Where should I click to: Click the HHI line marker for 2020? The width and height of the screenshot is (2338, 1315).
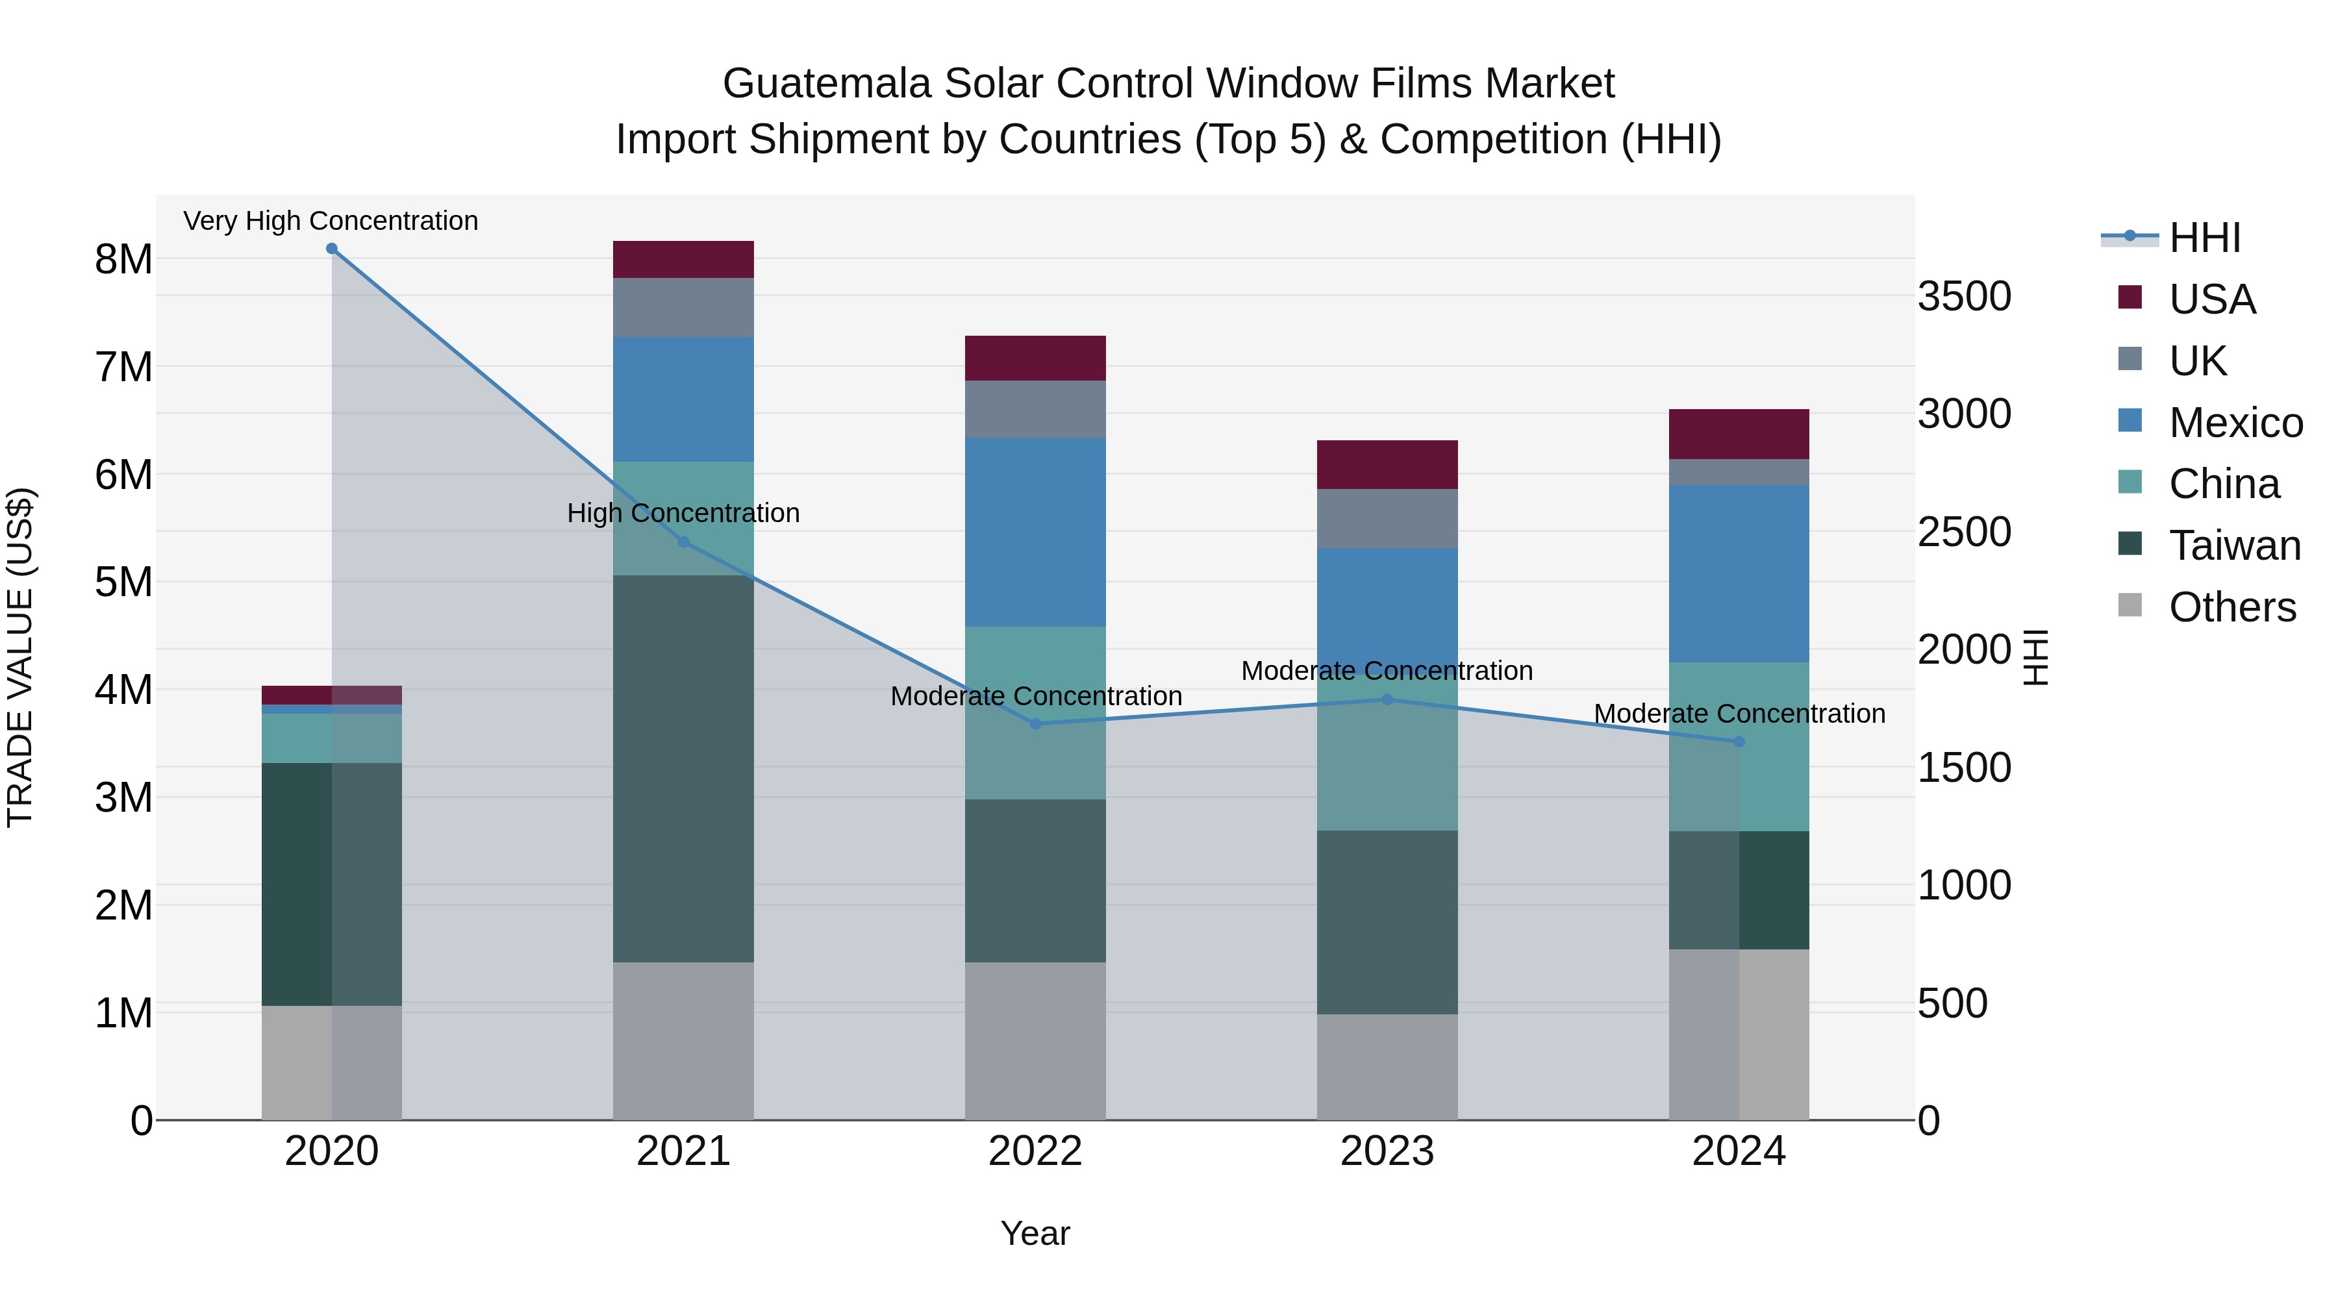click(331, 249)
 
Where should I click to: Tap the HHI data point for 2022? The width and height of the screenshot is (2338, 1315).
click(1036, 723)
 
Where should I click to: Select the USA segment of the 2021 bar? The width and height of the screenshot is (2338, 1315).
click(683, 260)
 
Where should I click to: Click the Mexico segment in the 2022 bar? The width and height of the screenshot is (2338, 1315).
click(1036, 532)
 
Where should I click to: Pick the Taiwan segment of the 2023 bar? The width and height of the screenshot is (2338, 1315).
click(1387, 922)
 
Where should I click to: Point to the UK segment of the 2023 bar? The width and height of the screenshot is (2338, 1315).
click(1387, 518)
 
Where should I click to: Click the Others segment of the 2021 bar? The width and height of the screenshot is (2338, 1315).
click(683, 1040)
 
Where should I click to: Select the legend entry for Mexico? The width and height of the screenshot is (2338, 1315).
click(2235, 422)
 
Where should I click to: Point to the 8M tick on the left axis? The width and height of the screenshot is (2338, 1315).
click(123, 260)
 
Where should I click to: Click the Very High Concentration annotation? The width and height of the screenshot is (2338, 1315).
click(331, 221)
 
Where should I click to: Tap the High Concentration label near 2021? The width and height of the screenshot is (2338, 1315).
click(683, 513)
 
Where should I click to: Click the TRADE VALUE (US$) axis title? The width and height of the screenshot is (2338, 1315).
click(20, 657)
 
